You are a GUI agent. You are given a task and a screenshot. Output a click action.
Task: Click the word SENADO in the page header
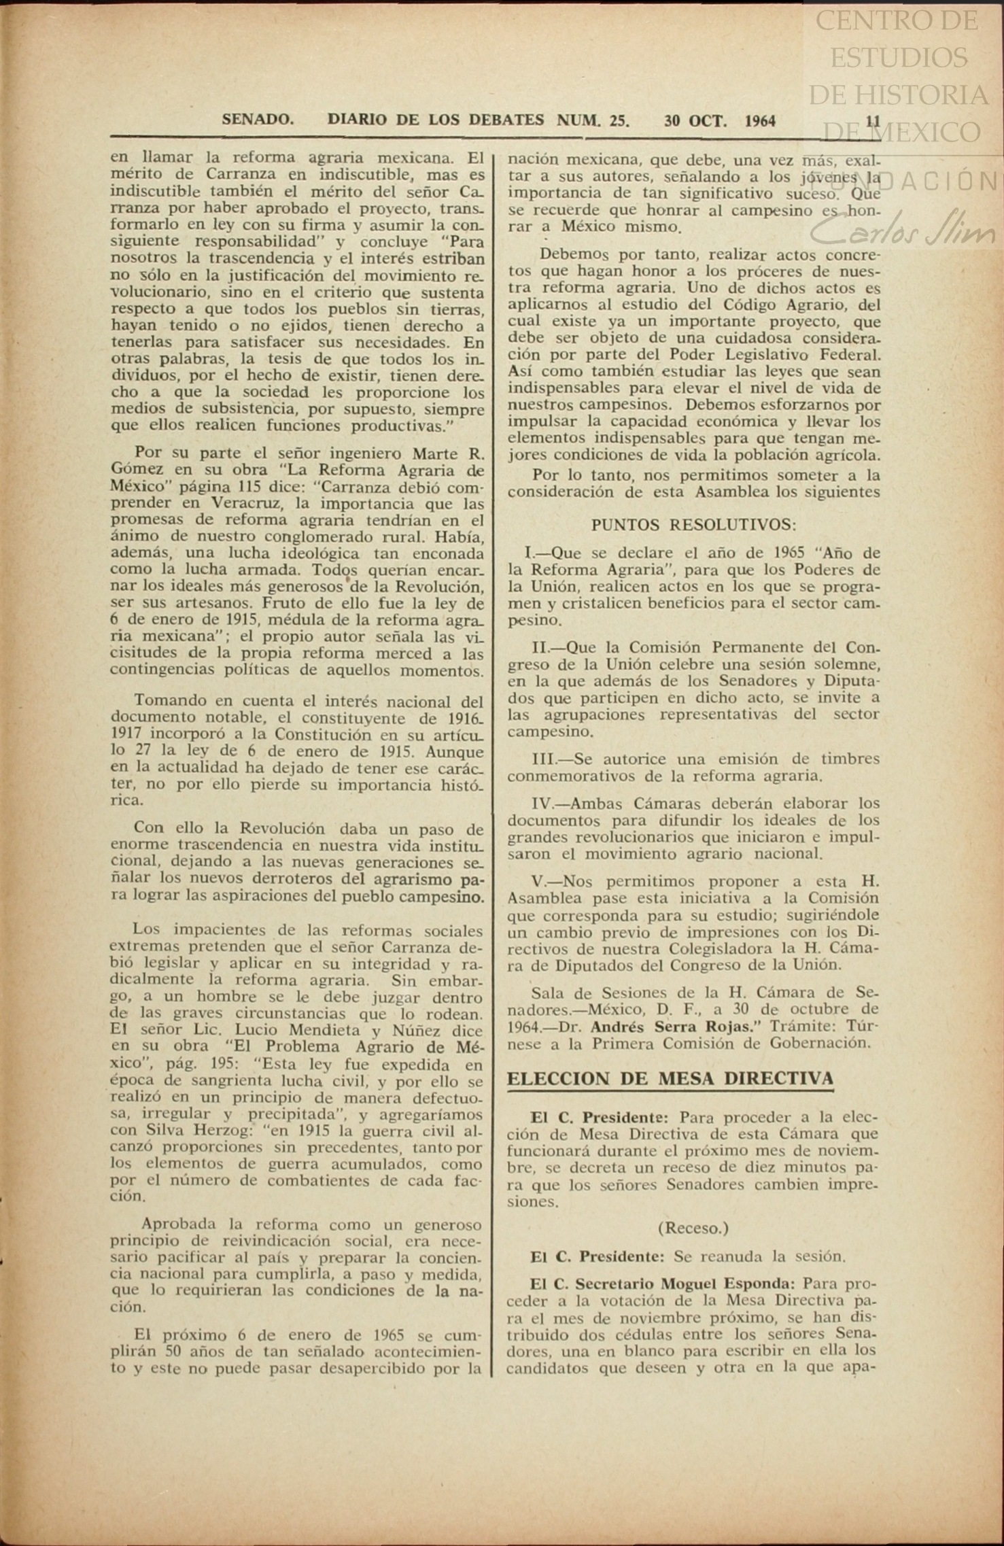[258, 120]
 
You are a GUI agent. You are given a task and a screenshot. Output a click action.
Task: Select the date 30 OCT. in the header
[695, 121]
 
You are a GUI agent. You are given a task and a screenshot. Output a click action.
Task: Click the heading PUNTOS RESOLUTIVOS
[693, 525]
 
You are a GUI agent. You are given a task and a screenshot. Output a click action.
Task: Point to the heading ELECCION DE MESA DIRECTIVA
[670, 1078]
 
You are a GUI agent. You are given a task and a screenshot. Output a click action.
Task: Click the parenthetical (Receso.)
[693, 1228]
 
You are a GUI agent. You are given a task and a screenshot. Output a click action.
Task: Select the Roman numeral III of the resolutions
[544, 759]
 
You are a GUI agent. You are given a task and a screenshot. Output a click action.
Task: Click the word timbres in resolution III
[850, 759]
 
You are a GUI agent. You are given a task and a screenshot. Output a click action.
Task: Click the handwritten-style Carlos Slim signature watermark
[904, 231]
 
